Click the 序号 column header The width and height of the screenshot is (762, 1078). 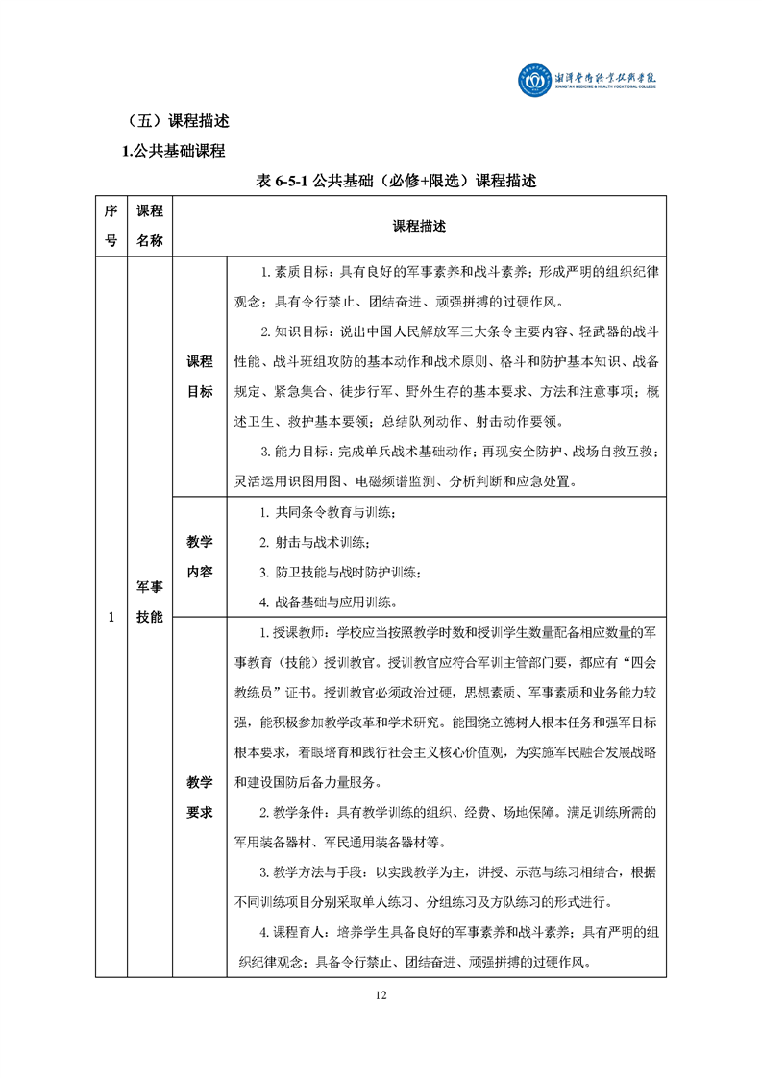click(111, 226)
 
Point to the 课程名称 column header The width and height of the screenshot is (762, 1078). click(149, 226)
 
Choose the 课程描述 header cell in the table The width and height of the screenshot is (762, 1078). click(419, 227)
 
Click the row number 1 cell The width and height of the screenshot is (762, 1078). click(111, 617)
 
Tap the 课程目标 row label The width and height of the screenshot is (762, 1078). click(200, 377)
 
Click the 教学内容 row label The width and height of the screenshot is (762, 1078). click(200, 557)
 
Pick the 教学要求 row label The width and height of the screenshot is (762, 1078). click(200, 797)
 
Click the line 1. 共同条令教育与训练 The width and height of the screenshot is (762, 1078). click(328, 513)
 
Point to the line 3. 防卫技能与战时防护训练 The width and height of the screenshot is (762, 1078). click(341, 573)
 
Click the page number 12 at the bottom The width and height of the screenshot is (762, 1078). click(381, 994)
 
